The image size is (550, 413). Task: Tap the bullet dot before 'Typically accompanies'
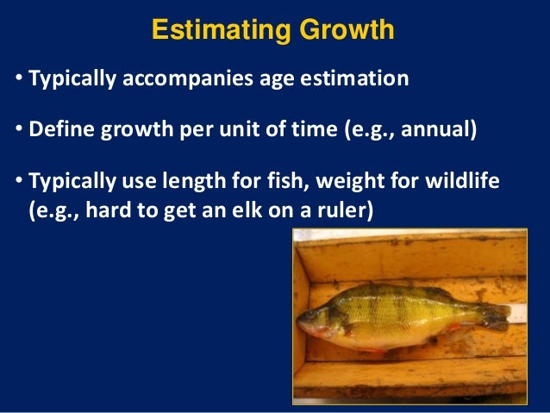tap(20, 80)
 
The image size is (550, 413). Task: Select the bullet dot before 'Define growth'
tap(20, 132)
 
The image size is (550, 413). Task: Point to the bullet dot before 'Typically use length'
tap(20, 184)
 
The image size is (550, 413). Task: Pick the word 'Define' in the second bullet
tap(59, 132)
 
